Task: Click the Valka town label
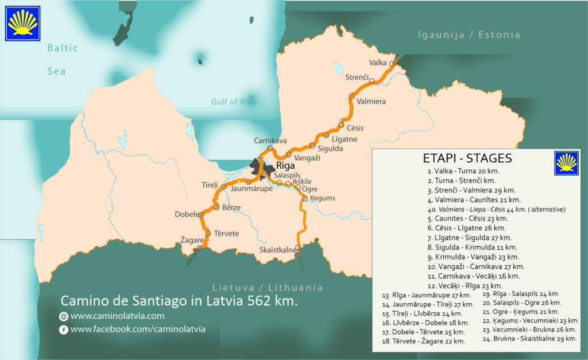click(377, 63)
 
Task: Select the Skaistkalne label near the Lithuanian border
click(278, 250)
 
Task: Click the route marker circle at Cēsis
click(341, 125)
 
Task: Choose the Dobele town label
click(187, 214)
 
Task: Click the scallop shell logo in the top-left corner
click(22, 24)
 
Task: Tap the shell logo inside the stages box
click(566, 163)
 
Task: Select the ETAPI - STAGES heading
click(467, 158)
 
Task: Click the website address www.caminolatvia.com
click(117, 316)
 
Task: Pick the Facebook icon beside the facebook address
click(64, 330)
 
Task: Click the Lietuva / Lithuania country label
click(267, 288)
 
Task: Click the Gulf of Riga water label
click(232, 102)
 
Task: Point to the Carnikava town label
click(270, 141)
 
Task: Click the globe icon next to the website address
click(64, 316)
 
